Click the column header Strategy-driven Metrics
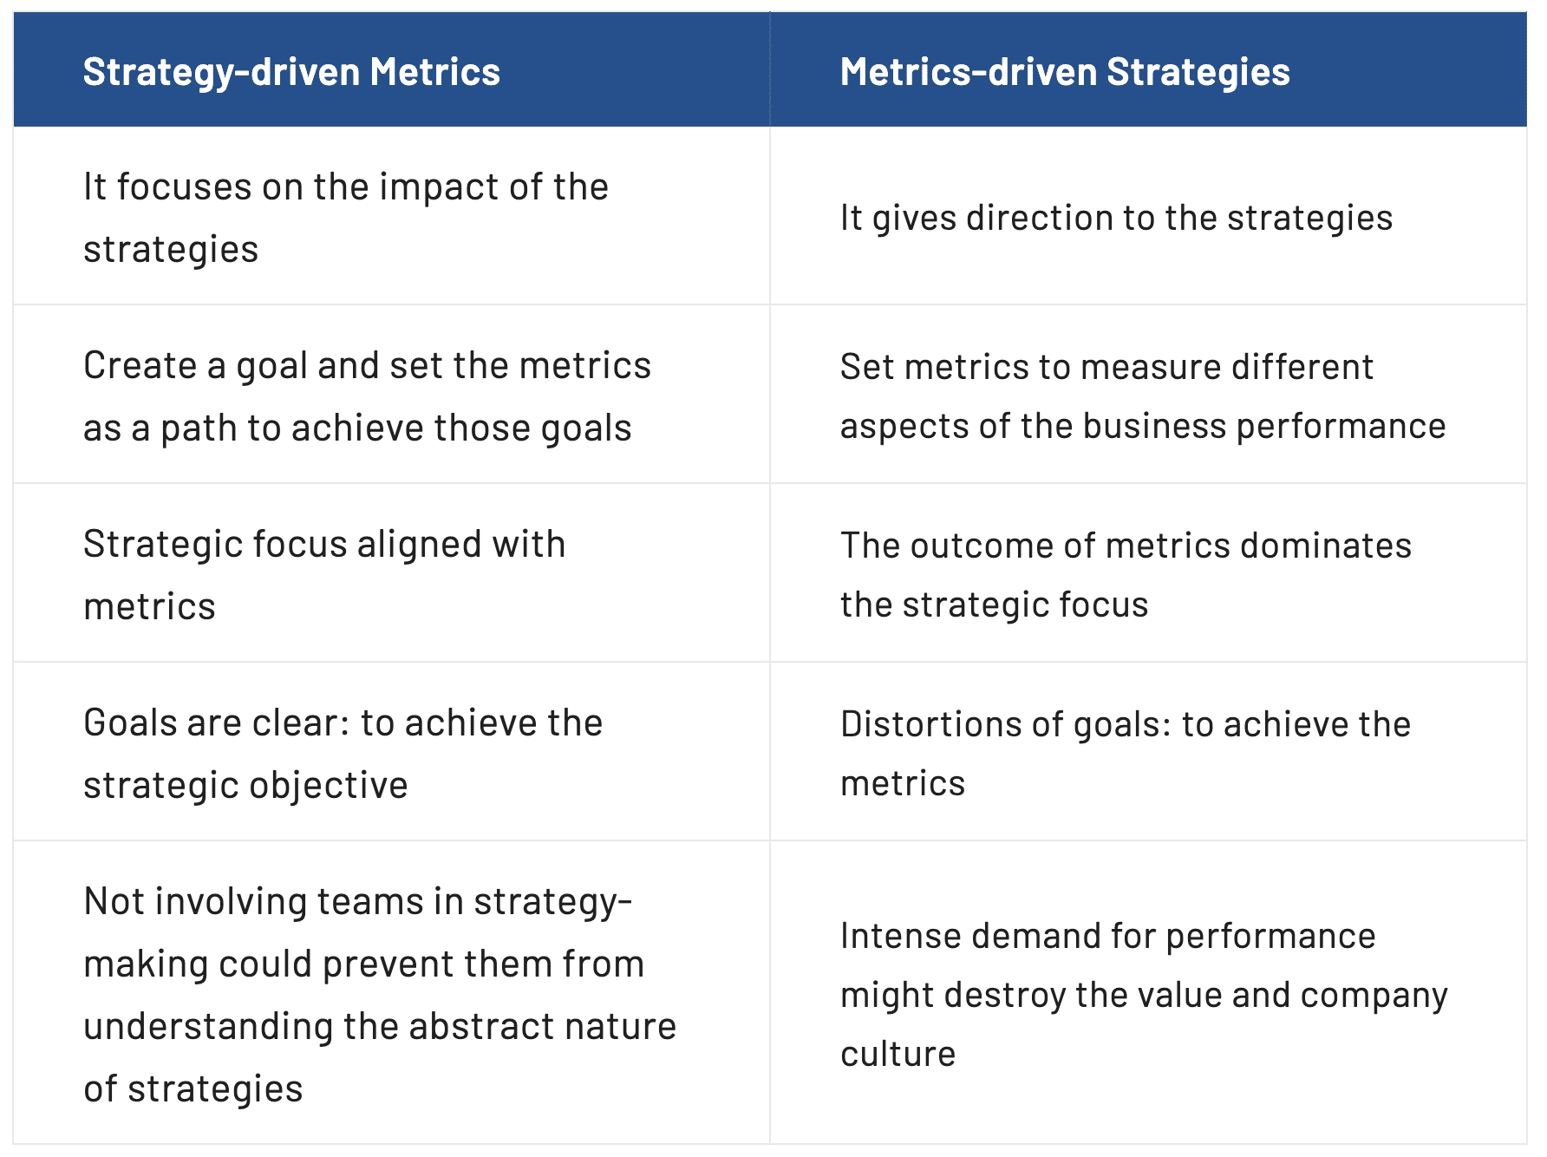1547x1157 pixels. [291, 72]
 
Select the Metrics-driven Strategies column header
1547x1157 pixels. [1065, 72]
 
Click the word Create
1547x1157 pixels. [139, 366]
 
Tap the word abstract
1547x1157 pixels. [468, 1027]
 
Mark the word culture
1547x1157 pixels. [898, 1055]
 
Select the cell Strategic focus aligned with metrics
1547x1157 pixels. [391, 573]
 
